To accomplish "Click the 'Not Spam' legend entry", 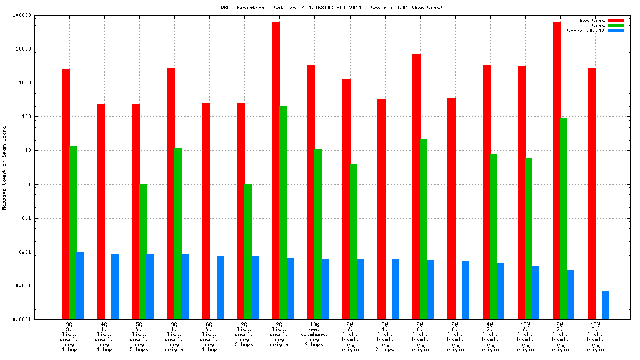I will (592, 21).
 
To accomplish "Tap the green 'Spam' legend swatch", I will (616, 26).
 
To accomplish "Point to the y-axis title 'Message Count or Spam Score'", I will (4, 167).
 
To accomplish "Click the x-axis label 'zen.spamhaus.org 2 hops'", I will (314, 334).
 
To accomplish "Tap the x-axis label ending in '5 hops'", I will (139, 337).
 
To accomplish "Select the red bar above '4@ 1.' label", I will (101, 212).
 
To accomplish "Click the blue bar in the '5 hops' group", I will (151, 287).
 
